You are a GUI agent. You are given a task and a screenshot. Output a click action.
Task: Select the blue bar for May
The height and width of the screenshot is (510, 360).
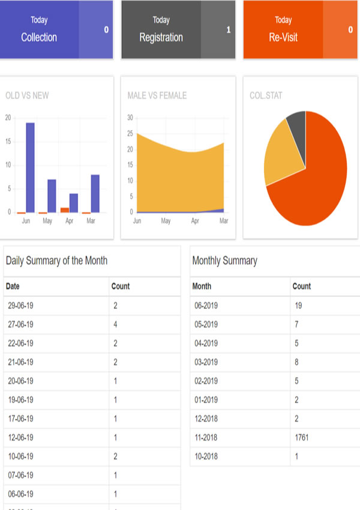pos(52,196)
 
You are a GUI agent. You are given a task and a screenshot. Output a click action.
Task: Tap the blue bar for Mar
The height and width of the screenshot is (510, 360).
pos(95,193)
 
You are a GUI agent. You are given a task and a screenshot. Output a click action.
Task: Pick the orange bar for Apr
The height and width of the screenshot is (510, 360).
pos(65,210)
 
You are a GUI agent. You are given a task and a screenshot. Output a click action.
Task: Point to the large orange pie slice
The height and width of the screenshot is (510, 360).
pos(318,180)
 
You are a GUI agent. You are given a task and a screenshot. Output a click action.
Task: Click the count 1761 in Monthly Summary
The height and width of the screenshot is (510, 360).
pos(302,437)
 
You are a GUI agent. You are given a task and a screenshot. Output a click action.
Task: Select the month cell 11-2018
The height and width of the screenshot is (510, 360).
pos(206,437)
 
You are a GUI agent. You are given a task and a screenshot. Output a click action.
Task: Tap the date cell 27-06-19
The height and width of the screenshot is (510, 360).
pos(20,325)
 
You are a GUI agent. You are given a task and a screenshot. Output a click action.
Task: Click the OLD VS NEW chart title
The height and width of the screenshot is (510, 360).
pos(27,95)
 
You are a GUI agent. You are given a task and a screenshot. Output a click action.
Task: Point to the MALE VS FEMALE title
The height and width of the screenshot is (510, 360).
pos(157,95)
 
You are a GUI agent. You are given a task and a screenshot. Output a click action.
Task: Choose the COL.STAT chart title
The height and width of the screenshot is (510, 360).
pos(266,95)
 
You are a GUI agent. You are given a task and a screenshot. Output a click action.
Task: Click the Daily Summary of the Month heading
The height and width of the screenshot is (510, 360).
pos(56,260)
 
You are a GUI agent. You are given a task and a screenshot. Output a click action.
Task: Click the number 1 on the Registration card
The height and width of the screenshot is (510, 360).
pos(229,29)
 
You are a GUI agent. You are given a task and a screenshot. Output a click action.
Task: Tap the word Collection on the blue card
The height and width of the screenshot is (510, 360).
pos(39,37)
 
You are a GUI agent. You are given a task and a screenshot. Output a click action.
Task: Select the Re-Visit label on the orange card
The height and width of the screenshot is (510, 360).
pos(283,37)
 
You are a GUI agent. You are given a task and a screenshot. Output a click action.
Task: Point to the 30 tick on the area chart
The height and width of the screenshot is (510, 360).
pos(130,118)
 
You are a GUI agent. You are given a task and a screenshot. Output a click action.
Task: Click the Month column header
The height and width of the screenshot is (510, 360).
pos(202,286)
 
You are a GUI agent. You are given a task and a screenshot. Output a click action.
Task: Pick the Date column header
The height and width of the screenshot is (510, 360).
pos(13,286)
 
